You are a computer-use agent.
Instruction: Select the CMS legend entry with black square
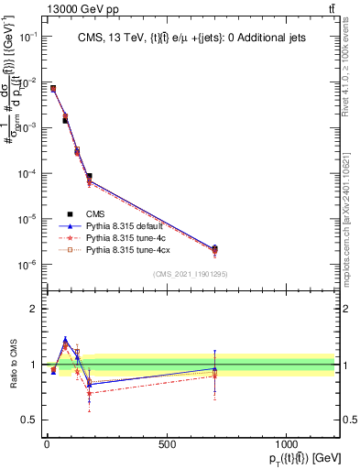pyautogui.click(x=90, y=213)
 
